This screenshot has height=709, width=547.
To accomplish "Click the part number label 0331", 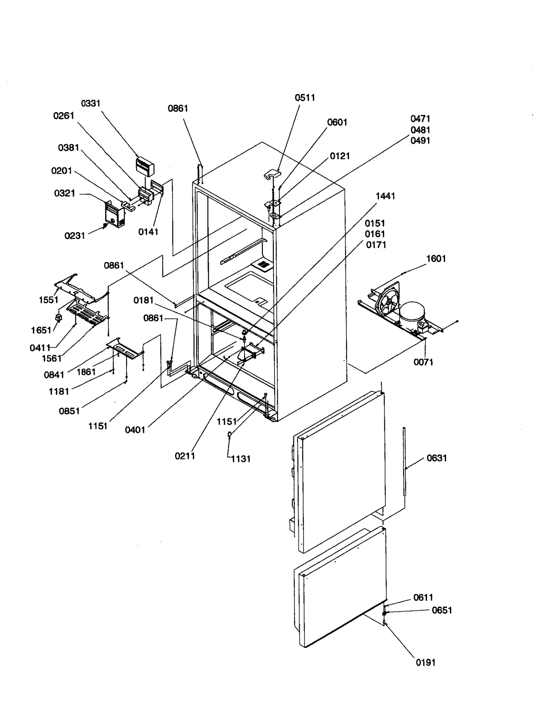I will (x=91, y=103).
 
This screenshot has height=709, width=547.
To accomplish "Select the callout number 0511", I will (x=305, y=98).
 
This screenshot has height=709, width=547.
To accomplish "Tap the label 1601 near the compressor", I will (x=436, y=259).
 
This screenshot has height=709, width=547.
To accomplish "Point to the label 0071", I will (x=423, y=362).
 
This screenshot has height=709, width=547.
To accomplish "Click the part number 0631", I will (x=437, y=458).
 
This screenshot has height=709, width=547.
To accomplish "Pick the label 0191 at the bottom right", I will (x=425, y=663).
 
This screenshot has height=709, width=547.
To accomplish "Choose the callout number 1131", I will (x=241, y=459).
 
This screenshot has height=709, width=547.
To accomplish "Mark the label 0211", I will (x=185, y=456).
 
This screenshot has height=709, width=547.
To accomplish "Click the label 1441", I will (x=385, y=196).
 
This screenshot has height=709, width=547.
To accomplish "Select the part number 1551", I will (x=49, y=300).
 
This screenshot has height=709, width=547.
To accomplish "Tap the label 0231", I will (x=75, y=236).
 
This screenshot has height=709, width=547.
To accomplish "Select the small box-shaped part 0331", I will (x=145, y=166).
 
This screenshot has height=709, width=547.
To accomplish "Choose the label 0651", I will (x=442, y=610).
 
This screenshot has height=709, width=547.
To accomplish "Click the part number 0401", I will (x=135, y=430).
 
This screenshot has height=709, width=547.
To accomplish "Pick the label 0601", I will (x=337, y=122).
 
